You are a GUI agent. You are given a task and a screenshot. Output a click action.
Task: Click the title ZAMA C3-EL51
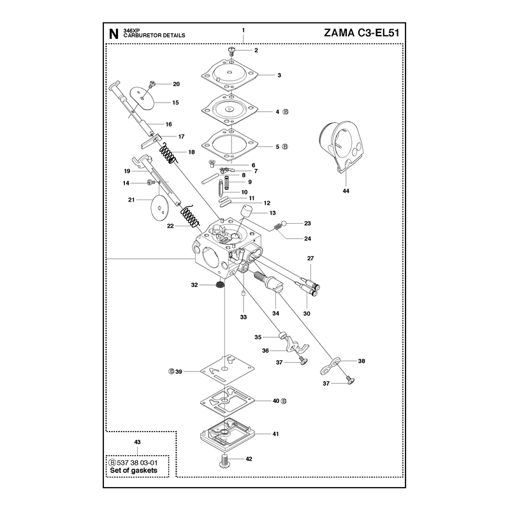(361, 33)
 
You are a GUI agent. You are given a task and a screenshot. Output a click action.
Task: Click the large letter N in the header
(113, 34)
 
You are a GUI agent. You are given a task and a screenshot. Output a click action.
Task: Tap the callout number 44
(346, 191)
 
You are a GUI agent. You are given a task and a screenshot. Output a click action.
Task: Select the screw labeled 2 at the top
(231, 50)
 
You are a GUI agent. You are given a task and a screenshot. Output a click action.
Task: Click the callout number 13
(273, 213)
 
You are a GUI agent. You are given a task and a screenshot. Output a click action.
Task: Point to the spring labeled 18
(168, 153)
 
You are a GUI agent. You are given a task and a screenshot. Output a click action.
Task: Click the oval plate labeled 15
(143, 98)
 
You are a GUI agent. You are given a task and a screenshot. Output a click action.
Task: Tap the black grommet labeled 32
(220, 285)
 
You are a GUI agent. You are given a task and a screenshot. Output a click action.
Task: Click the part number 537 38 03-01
(137, 463)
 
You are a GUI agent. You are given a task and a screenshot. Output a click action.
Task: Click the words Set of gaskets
(133, 470)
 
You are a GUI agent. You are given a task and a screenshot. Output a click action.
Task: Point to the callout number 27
(310, 258)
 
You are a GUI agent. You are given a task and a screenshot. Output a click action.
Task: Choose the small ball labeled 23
(284, 224)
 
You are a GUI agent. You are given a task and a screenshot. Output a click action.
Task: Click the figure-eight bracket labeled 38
(330, 366)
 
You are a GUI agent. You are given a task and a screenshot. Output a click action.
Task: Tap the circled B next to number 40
(284, 401)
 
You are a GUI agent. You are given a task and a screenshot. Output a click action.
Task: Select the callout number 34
(276, 313)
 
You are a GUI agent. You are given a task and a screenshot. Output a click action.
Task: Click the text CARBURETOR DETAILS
(154, 35)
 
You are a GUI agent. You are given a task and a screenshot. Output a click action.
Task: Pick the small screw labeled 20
(152, 85)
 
